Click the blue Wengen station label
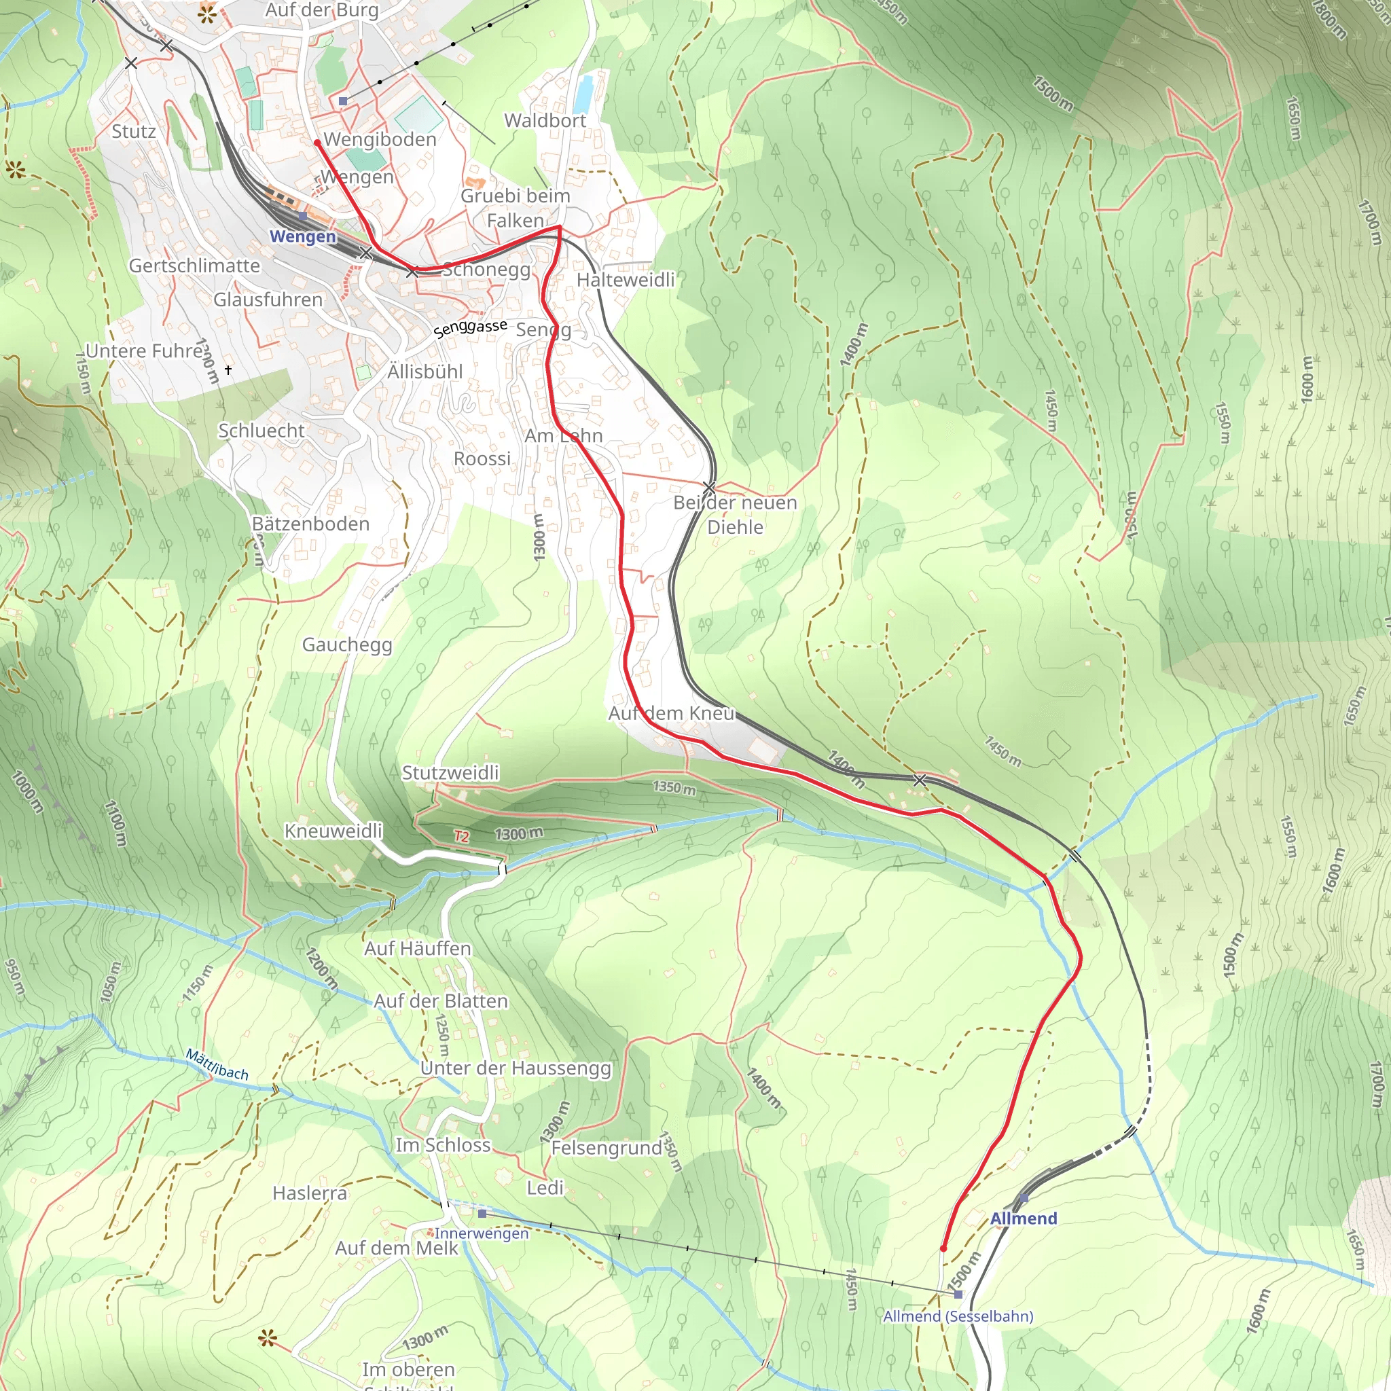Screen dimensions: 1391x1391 click(302, 236)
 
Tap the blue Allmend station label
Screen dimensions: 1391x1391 click(1023, 1218)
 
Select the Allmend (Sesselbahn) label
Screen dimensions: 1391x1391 click(958, 1316)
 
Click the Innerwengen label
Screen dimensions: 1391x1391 click(481, 1233)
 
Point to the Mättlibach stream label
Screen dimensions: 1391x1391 click(217, 1065)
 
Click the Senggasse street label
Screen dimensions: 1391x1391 click(470, 328)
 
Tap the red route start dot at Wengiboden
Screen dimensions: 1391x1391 click(317, 143)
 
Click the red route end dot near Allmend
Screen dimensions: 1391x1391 click(943, 1248)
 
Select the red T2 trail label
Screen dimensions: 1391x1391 click(461, 836)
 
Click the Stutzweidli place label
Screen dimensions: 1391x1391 click(450, 772)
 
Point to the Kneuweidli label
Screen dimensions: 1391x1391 click(333, 831)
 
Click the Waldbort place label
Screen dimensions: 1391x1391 click(545, 120)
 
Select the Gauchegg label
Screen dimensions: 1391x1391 click(347, 645)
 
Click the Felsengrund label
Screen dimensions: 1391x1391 click(607, 1148)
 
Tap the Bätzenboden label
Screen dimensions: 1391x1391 click(310, 524)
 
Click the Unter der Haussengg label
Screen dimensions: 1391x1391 click(516, 1068)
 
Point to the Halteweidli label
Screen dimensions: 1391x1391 click(626, 279)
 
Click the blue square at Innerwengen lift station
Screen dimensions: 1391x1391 click(482, 1214)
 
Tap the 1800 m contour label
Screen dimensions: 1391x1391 click(1329, 20)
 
